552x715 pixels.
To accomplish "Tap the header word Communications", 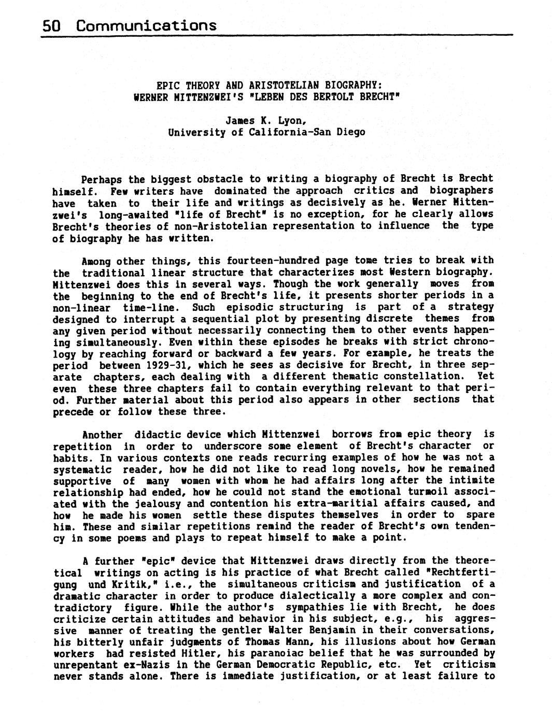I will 146,25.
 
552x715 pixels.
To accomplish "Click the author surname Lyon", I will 291,120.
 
